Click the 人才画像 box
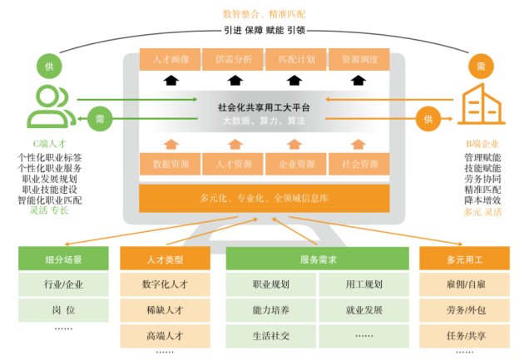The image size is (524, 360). pyautogui.click(x=171, y=60)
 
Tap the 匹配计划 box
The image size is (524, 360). pyautogui.click(x=296, y=60)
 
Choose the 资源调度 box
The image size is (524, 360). pyautogui.click(x=359, y=60)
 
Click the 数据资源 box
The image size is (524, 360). pyautogui.click(x=171, y=165)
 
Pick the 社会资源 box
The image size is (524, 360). pyautogui.click(x=359, y=165)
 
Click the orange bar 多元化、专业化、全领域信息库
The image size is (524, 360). pyautogui.click(x=264, y=198)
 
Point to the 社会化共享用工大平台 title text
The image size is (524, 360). pyautogui.click(x=264, y=106)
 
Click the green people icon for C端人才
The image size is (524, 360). pyautogui.click(x=48, y=105)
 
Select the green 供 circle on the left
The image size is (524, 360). pyautogui.click(x=48, y=64)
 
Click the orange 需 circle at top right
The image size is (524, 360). pyautogui.click(x=481, y=65)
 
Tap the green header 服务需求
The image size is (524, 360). pyautogui.click(x=317, y=259)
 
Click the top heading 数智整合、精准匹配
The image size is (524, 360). pyautogui.click(x=264, y=14)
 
